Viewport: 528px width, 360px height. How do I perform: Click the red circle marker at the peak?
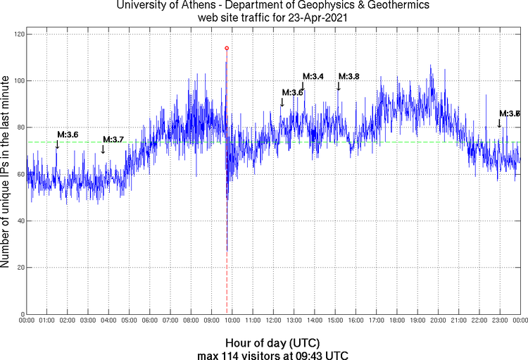[x=227, y=48]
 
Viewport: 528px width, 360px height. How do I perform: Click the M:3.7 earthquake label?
[x=113, y=139]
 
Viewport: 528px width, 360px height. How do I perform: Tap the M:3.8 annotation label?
[x=349, y=76]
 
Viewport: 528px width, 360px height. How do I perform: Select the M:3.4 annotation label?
[x=313, y=76]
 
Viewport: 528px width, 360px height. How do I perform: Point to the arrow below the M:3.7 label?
[x=103, y=149]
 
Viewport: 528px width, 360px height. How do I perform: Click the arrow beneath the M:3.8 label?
[x=339, y=86]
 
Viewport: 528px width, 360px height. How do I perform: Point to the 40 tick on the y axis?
[x=20, y=221]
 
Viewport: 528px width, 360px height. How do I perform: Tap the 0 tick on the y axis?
[x=22, y=314]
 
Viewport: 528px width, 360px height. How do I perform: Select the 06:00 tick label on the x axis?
[x=150, y=321]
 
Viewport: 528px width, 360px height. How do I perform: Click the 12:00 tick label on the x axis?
[x=273, y=321]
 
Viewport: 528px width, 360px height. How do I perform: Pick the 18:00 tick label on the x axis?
[x=397, y=321]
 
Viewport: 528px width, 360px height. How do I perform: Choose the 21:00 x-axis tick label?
[x=458, y=321]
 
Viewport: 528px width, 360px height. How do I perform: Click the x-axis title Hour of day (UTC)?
[x=272, y=343]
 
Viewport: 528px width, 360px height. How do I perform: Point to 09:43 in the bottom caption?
[x=301, y=354]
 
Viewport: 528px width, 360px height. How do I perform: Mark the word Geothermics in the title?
[x=399, y=6]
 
